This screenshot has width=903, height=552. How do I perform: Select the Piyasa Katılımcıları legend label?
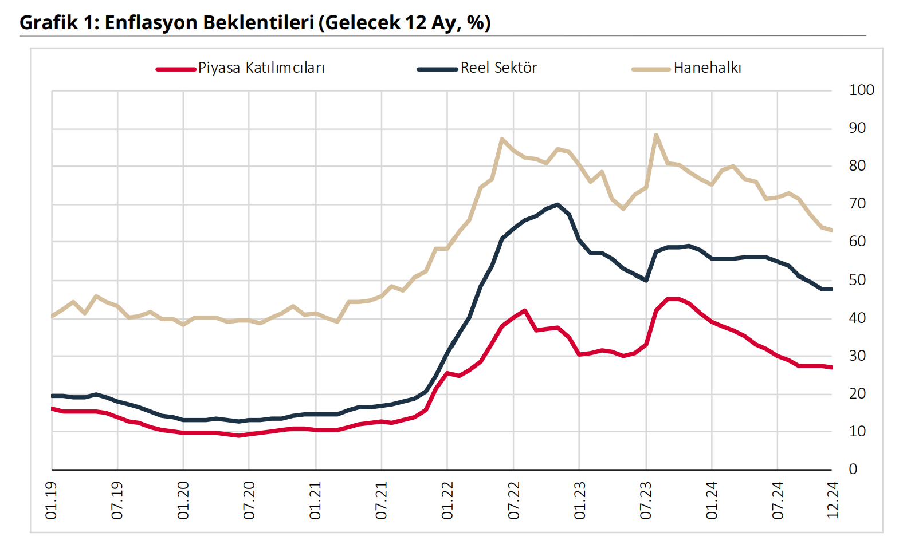(x=261, y=68)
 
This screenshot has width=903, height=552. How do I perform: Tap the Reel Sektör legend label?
(x=498, y=68)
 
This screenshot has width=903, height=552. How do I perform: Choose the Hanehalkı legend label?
(x=707, y=68)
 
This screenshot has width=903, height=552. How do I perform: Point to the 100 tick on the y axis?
(x=861, y=90)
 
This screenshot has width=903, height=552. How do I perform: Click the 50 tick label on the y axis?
(x=857, y=280)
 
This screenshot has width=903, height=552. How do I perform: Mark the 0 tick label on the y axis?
(x=853, y=470)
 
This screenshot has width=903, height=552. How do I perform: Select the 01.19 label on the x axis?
(x=52, y=501)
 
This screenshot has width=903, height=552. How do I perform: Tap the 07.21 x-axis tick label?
(x=382, y=501)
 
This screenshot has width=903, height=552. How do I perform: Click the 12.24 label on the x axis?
(x=833, y=501)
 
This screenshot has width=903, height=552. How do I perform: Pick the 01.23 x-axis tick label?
(x=580, y=501)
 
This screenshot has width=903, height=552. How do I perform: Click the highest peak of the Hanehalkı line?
(x=656, y=135)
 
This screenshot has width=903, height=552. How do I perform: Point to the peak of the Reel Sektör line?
(x=557, y=204)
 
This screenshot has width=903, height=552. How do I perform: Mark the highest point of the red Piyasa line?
(x=673, y=299)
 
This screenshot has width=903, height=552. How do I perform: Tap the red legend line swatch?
(x=176, y=69)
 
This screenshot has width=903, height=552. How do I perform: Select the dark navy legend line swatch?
(x=438, y=69)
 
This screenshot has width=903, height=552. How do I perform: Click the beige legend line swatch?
(x=651, y=69)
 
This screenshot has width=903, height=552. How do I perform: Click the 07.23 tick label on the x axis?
(x=646, y=501)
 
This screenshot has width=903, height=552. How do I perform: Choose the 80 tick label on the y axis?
(x=857, y=166)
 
